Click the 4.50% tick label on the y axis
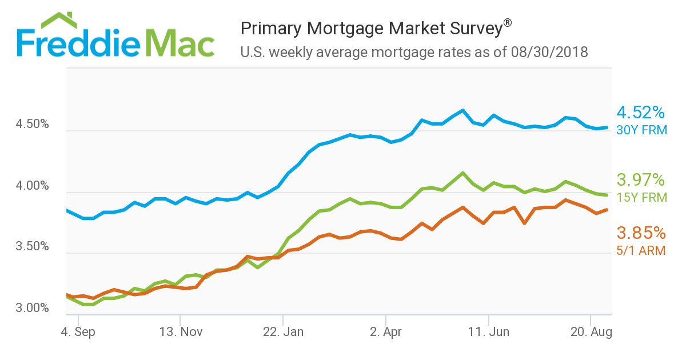(x=33, y=125)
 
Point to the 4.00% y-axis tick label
(x=33, y=186)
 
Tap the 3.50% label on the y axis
(x=33, y=247)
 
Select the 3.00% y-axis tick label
(x=33, y=309)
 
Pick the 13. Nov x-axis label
(x=180, y=332)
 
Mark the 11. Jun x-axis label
(x=489, y=332)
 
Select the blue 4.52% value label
(x=641, y=113)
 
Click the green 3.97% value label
(x=641, y=181)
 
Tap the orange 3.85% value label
(x=641, y=233)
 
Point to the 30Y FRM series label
(x=642, y=130)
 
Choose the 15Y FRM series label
(x=642, y=198)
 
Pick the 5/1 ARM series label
(x=641, y=250)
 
